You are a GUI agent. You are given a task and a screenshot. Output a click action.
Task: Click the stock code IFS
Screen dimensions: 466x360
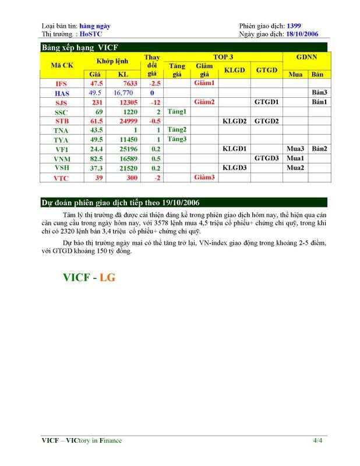point(61,83)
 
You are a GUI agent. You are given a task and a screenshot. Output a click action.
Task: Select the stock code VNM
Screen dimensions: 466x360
point(61,158)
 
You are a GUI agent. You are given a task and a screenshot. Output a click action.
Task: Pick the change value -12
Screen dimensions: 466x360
point(151,102)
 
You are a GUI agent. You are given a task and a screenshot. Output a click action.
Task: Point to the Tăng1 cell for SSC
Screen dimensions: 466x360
point(177,111)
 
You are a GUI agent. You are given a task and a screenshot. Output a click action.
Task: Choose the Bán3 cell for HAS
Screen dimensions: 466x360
point(319,93)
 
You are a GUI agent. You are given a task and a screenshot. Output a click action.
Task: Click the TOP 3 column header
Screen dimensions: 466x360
point(223,57)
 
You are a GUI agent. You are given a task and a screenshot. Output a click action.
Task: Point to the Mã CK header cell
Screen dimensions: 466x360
point(62,65)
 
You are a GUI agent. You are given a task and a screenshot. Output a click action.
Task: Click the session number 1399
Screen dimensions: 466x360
point(295,26)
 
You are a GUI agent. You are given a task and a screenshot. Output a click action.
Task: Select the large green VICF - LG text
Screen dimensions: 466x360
point(89,277)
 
